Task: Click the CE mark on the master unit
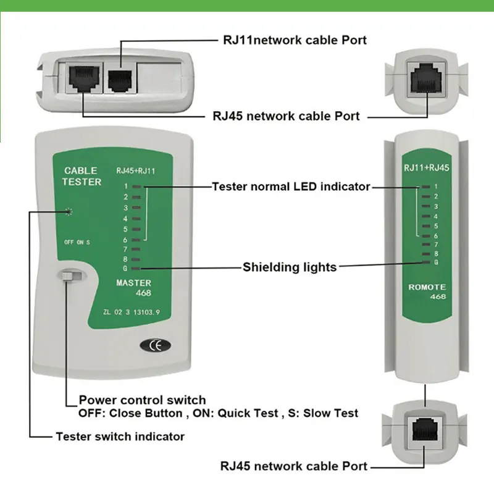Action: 156,345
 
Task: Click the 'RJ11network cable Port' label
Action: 295,40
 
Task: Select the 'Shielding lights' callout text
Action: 290,267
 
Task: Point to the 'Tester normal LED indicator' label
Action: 291,186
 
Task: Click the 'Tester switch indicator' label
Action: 120,437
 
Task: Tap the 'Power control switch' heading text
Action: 143,400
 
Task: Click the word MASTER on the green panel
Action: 133,283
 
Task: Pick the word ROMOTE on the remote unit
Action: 427,287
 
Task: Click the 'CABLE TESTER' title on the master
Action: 82,176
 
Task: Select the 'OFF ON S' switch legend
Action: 77,242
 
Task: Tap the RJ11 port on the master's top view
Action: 120,81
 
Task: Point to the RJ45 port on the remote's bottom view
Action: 424,429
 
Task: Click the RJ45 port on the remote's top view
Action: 427,78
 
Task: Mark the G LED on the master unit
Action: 136,269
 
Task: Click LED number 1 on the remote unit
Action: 426,187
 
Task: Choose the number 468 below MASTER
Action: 143,293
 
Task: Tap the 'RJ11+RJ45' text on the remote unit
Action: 427,167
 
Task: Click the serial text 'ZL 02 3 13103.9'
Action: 132,312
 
